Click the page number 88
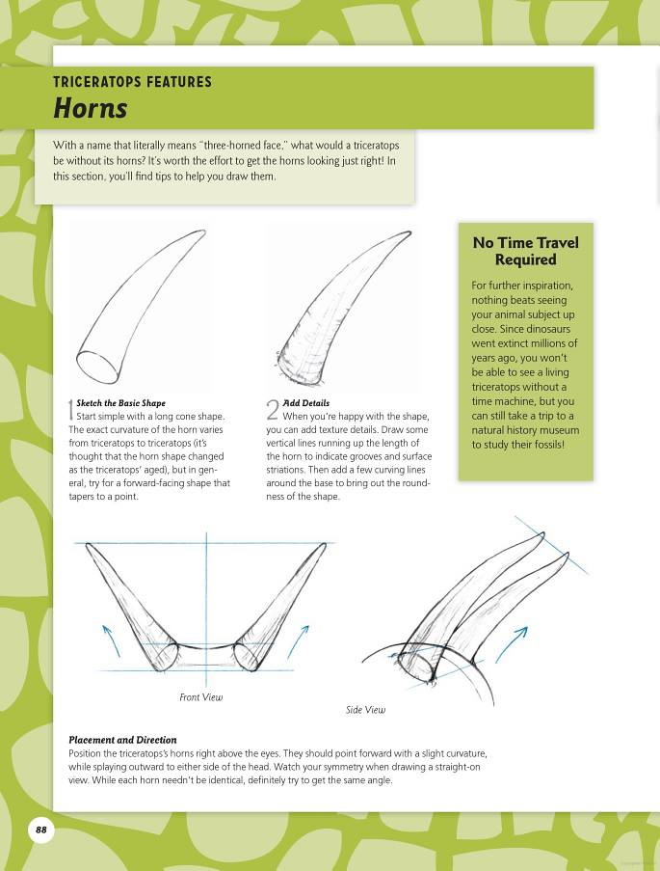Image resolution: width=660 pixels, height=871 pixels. pyautogui.click(x=40, y=830)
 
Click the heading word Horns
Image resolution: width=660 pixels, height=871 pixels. pyautogui.click(x=90, y=108)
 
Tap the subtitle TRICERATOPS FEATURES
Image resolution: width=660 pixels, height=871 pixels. pyautogui.click(x=132, y=82)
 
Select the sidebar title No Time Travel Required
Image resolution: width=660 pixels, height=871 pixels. pyautogui.click(x=525, y=251)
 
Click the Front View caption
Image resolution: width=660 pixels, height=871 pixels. pyautogui.click(x=200, y=696)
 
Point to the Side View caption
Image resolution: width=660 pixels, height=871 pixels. pyautogui.click(x=365, y=710)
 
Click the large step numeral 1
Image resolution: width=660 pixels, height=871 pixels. pyautogui.click(x=71, y=409)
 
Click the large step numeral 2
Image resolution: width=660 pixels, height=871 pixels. pyautogui.click(x=274, y=409)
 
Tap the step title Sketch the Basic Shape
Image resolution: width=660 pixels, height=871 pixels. pyautogui.click(x=120, y=403)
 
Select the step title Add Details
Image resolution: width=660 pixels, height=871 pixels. pyautogui.click(x=306, y=403)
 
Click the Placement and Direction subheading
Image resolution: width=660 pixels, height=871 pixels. pyautogui.click(x=122, y=740)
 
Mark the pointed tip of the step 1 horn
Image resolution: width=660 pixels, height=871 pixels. pyautogui.click(x=203, y=231)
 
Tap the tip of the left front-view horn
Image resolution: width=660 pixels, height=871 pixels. pyautogui.click(x=88, y=545)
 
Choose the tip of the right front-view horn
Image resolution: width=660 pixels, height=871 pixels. pyautogui.click(x=324, y=545)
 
